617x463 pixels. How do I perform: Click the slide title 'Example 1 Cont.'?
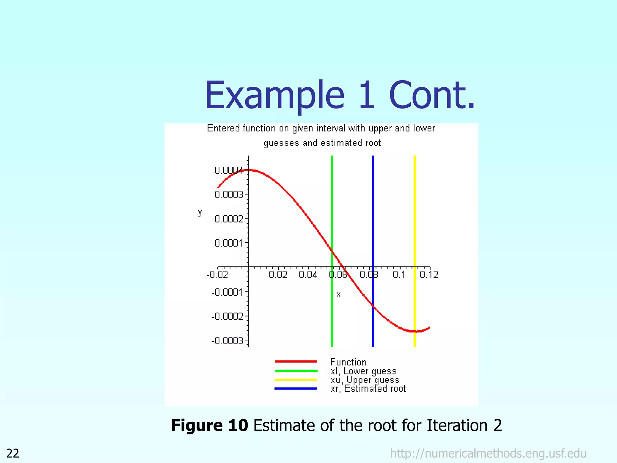click(340, 96)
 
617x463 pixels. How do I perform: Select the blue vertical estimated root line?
click(373, 211)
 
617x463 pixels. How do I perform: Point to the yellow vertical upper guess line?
click(415, 211)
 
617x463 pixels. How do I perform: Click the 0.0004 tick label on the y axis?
click(228, 171)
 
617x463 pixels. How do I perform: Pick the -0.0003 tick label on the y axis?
click(227, 341)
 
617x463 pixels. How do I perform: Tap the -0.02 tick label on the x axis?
click(217, 275)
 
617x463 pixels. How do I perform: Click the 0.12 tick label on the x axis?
click(429, 275)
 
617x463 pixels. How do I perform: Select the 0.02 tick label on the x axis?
click(278, 275)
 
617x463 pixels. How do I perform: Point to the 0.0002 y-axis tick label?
click(229, 219)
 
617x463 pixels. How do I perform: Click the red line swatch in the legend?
click(296, 361)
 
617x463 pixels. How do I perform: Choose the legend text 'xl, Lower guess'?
click(363, 371)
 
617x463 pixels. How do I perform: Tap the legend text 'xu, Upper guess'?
click(365, 380)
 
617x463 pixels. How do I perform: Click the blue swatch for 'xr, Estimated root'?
click(296, 389)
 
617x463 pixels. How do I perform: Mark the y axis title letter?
click(200, 213)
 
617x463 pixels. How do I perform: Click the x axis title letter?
click(338, 294)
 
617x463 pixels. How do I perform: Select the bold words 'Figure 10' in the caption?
click(209, 425)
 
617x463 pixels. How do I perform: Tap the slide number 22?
click(13, 453)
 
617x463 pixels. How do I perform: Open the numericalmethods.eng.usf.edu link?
click(488, 453)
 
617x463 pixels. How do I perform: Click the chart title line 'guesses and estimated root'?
click(322, 143)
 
